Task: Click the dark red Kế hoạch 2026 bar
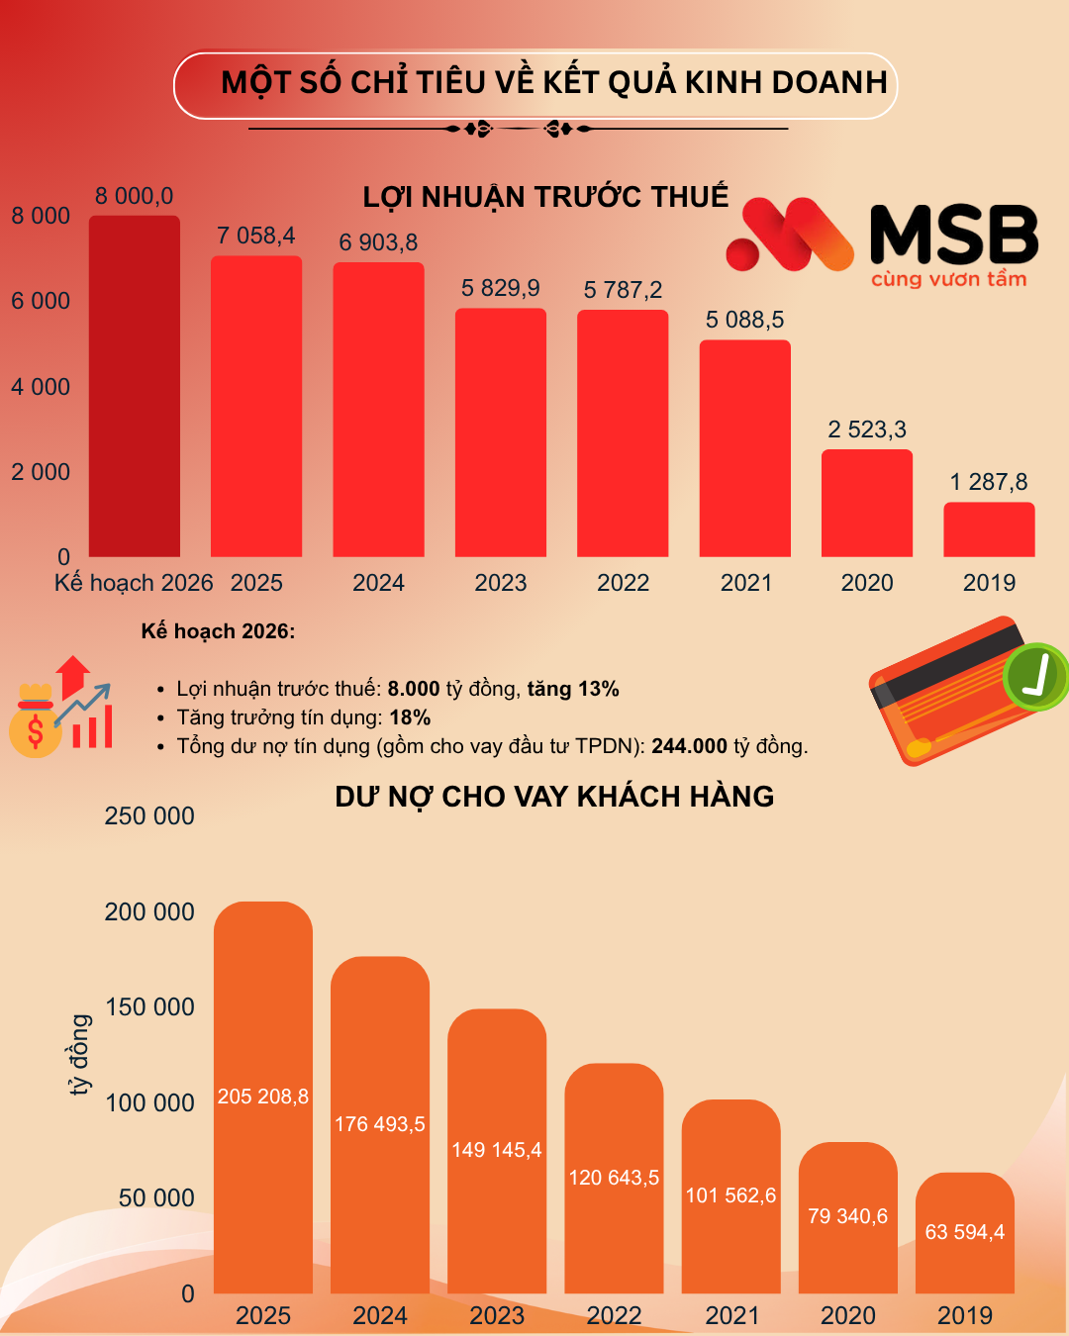tap(135, 386)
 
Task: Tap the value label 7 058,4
tap(256, 236)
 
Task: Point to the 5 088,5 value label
tap(744, 320)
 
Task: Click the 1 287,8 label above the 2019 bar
tap(989, 482)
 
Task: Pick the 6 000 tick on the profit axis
tap(41, 301)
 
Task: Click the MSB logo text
tap(953, 236)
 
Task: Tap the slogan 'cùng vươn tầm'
tap(948, 279)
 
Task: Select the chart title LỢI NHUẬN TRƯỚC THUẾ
tap(545, 197)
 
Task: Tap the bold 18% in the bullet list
tap(410, 717)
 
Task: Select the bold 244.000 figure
tap(689, 746)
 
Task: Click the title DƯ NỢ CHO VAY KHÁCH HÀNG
tap(554, 797)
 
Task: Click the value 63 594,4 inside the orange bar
tap(964, 1232)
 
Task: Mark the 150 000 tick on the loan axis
tap(149, 1007)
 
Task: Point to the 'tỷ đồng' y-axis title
tap(79, 1054)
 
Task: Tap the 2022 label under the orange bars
tap(614, 1315)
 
